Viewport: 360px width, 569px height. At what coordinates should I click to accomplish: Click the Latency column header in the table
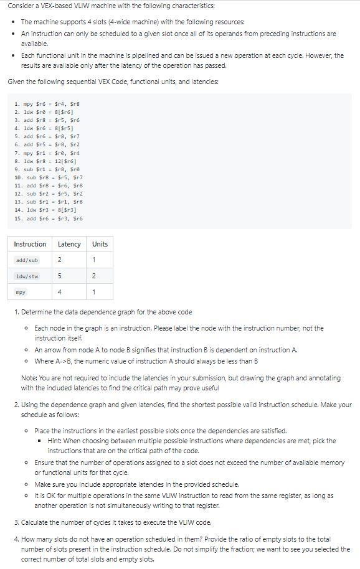point(69,244)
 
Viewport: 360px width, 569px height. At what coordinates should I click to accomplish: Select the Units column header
point(100,244)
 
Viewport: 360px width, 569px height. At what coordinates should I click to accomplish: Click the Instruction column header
point(30,244)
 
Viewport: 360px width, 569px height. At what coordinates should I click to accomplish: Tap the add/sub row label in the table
point(27,260)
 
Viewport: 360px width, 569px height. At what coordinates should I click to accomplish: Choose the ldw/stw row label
point(27,276)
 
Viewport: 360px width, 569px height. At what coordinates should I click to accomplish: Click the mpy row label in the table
point(21,292)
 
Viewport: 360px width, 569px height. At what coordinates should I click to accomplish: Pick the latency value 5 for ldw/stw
point(60,276)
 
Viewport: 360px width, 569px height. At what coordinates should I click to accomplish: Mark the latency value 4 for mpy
point(60,292)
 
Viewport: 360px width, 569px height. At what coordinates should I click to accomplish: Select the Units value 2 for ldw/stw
point(93,276)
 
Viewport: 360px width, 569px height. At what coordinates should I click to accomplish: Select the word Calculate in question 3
point(37,522)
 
